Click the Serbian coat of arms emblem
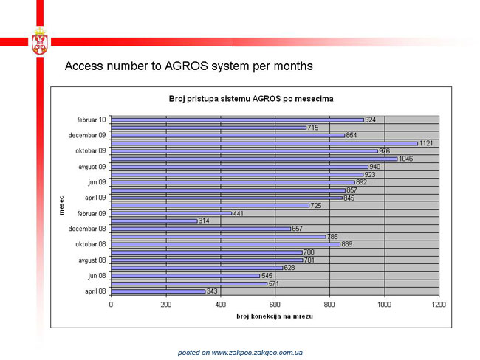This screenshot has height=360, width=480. point(40,41)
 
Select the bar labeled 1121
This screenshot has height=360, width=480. point(264,143)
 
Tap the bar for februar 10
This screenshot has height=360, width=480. point(237,120)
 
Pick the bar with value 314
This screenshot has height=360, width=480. point(154,221)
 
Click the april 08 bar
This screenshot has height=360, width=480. point(158,291)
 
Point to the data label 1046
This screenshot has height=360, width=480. point(405,159)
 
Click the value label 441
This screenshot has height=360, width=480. point(239,213)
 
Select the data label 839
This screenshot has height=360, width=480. point(347,244)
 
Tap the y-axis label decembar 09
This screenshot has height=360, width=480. point(87,135)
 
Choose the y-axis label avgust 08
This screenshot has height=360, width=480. point(92,260)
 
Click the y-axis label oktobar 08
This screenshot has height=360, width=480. point(91,244)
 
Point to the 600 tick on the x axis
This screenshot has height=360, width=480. point(275,305)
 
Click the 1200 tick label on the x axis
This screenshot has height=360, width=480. point(439,305)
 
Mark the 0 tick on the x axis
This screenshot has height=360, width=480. point(111,305)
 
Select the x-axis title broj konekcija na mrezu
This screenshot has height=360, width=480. point(275,316)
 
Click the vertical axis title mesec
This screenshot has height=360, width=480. point(61,206)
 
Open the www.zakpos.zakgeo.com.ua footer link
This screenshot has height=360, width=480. point(257,353)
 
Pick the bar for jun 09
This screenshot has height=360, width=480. point(233,182)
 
